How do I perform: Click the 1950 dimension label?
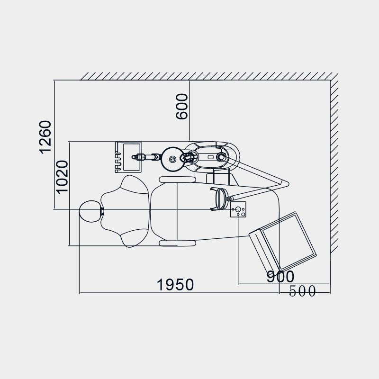tap(175, 285)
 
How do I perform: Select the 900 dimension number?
tap(280, 276)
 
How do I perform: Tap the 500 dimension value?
tap(302, 291)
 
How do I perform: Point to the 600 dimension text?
tap(182, 106)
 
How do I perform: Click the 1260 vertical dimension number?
tap(45, 137)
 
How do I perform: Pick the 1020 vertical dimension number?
tap(62, 177)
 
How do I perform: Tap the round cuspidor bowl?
tap(172, 159)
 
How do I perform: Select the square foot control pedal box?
tap(238, 209)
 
